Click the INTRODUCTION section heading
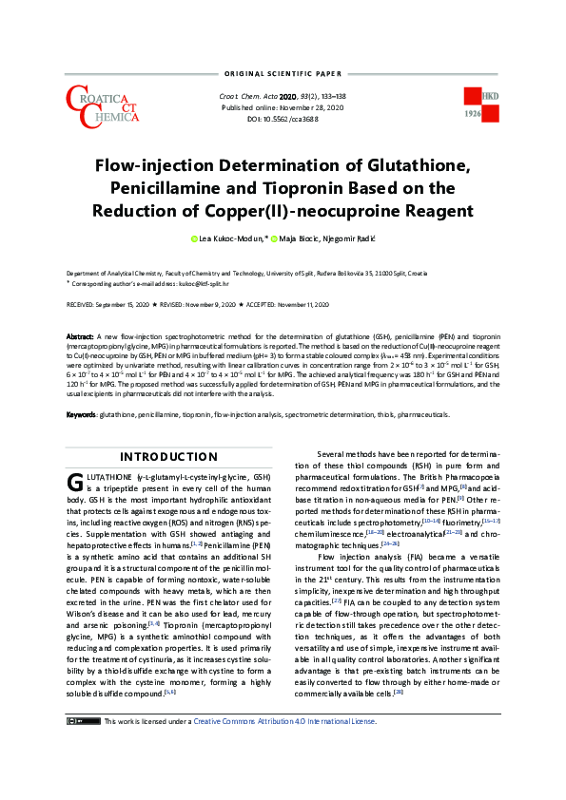(167, 457)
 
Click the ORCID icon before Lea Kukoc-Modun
(193, 238)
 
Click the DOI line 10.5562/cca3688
(283, 119)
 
